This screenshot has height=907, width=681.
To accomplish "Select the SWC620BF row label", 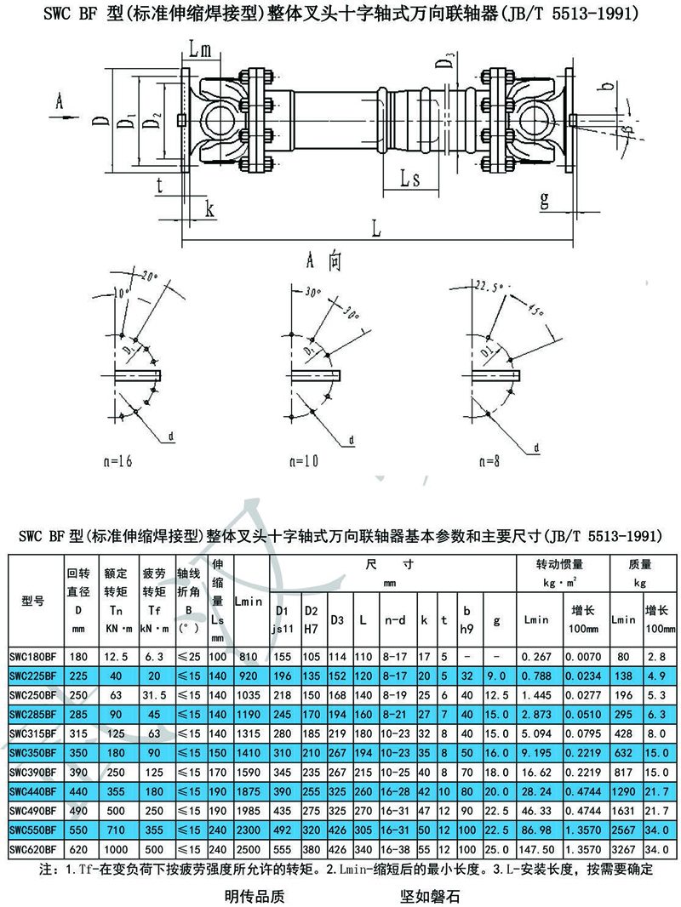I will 32,848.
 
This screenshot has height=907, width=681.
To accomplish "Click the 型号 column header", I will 32,600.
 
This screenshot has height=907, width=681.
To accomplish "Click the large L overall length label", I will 375,228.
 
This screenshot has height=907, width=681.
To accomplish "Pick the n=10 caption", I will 303,462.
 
